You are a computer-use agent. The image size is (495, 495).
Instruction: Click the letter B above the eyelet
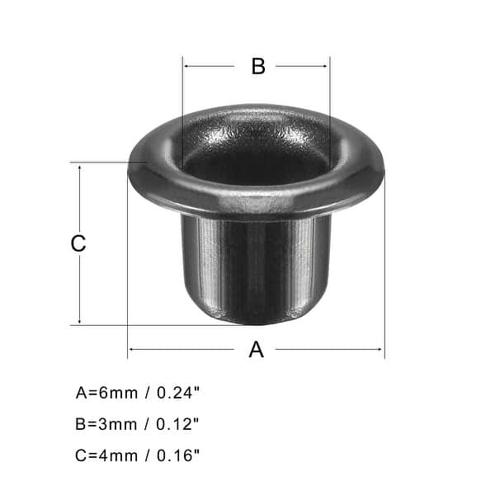click(258, 67)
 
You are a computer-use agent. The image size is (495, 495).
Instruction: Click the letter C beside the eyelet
click(78, 243)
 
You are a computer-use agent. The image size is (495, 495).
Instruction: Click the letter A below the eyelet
click(257, 350)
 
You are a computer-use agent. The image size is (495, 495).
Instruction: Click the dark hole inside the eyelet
click(256, 161)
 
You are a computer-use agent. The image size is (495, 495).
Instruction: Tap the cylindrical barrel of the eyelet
click(256, 264)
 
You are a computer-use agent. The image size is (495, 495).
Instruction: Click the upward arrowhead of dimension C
click(80, 167)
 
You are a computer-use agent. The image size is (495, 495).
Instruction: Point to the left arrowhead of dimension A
click(132, 349)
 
